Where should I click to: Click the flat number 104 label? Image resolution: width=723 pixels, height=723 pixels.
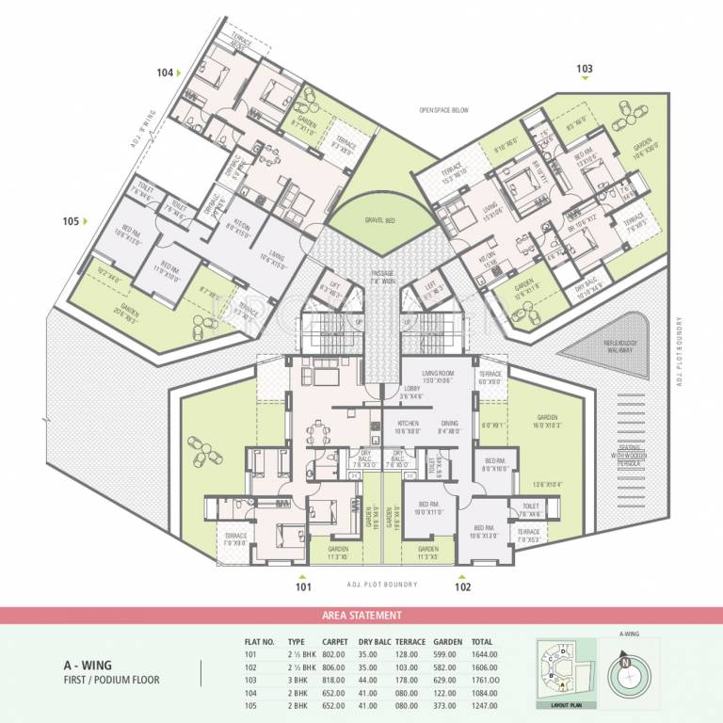tap(166, 72)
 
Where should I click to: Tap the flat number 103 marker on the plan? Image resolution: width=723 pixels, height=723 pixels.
tap(585, 69)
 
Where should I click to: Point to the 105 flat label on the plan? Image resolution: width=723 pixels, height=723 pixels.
tap(71, 221)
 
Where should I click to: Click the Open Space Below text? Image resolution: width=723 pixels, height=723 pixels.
tap(443, 110)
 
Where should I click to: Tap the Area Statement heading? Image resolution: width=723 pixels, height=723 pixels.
tap(361, 615)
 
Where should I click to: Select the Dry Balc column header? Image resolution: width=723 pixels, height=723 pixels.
tap(374, 640)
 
